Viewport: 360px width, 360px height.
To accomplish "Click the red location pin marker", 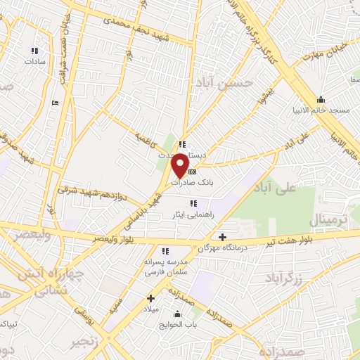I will click(x=181, y=165).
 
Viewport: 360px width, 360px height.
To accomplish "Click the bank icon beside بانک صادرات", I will click(x=193, y=171).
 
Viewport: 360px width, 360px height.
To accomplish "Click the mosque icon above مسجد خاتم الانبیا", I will click(x=321, y=99).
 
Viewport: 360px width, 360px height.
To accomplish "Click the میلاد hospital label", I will click(x=151, y=309).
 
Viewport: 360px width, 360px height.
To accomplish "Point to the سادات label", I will click(x=33, y=62).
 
